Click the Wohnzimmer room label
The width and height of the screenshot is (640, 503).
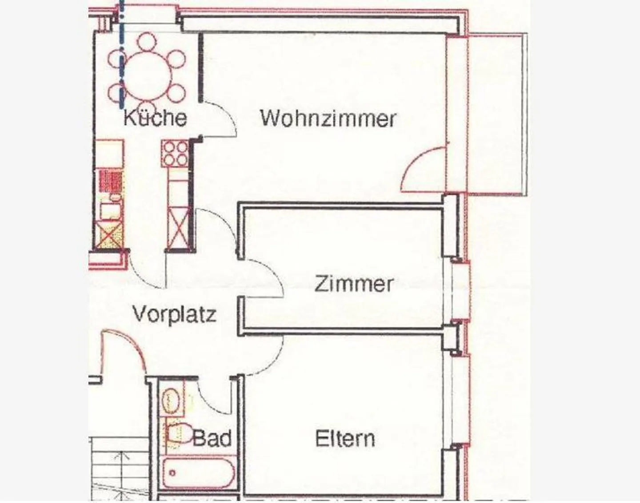coord(328,119)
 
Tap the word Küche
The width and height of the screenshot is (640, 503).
coord(155,118)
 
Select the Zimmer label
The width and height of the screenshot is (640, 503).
coord(354,284)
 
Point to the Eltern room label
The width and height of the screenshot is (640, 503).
coord(345,439)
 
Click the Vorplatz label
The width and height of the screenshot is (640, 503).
coord(174,314)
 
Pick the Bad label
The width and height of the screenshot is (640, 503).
coord(212,439)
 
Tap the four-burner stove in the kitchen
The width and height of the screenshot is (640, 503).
coord(176,153)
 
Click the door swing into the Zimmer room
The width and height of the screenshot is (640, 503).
coord(264,277)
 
